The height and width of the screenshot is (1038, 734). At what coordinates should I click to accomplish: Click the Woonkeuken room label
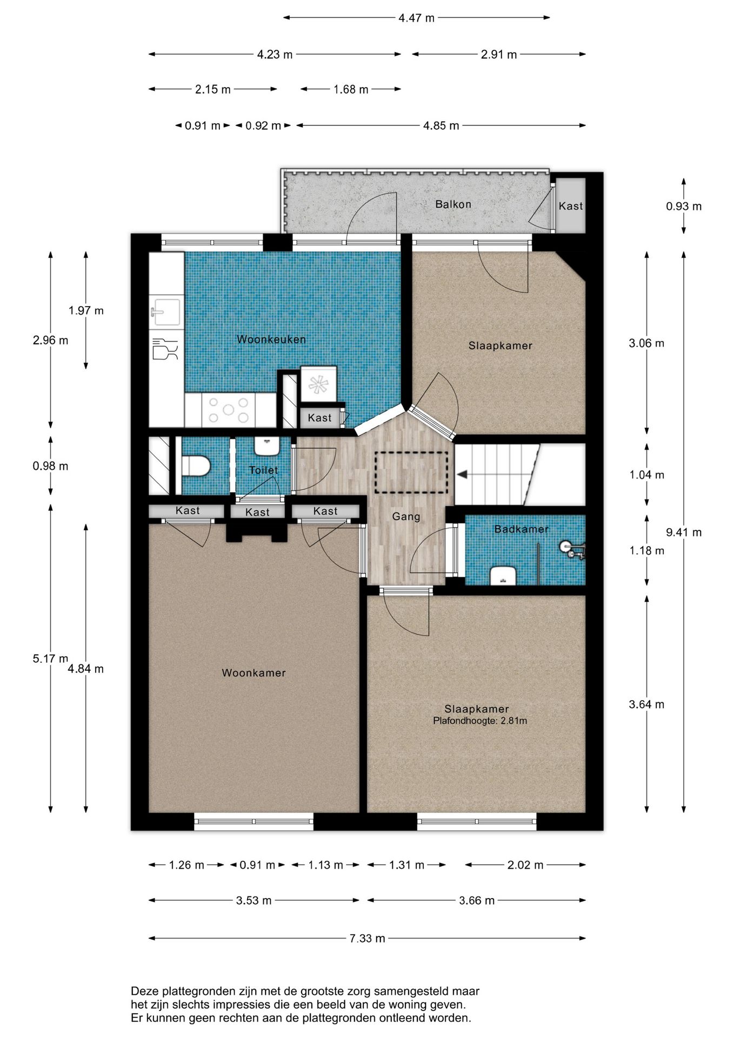coord(271,340)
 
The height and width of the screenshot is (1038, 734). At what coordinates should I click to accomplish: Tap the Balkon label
coord(453,204)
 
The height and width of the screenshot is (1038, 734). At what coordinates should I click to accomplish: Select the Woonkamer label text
coord(253,673)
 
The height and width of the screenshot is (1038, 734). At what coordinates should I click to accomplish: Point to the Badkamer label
coord(521,529)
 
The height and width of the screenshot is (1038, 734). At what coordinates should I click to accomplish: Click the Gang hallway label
coord(406,517)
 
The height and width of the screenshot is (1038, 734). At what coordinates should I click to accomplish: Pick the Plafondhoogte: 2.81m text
coord(480,721)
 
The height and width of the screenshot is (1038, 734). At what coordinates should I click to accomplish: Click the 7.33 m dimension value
coord(368,939)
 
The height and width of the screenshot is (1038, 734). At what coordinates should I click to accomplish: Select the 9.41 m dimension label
coord(684,533)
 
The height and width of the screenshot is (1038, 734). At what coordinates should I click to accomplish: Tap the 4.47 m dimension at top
coord(416,18)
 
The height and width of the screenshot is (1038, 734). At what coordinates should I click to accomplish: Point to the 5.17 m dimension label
coord(50,658)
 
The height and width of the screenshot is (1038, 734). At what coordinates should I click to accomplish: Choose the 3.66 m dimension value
coord(477,901)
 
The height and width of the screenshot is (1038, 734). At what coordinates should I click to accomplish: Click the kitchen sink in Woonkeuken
coord(165,312)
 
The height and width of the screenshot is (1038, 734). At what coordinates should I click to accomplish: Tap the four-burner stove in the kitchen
coord(229,410)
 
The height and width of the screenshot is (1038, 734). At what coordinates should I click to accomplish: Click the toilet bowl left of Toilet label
coord(196,466)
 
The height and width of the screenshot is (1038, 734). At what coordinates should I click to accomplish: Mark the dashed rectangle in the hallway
coord(412,472)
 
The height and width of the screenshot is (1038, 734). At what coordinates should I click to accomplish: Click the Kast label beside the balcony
coord(571,206)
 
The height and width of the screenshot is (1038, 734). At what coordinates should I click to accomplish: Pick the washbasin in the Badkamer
coord(503,576)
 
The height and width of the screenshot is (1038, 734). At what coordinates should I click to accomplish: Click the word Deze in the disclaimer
coord(144,991)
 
